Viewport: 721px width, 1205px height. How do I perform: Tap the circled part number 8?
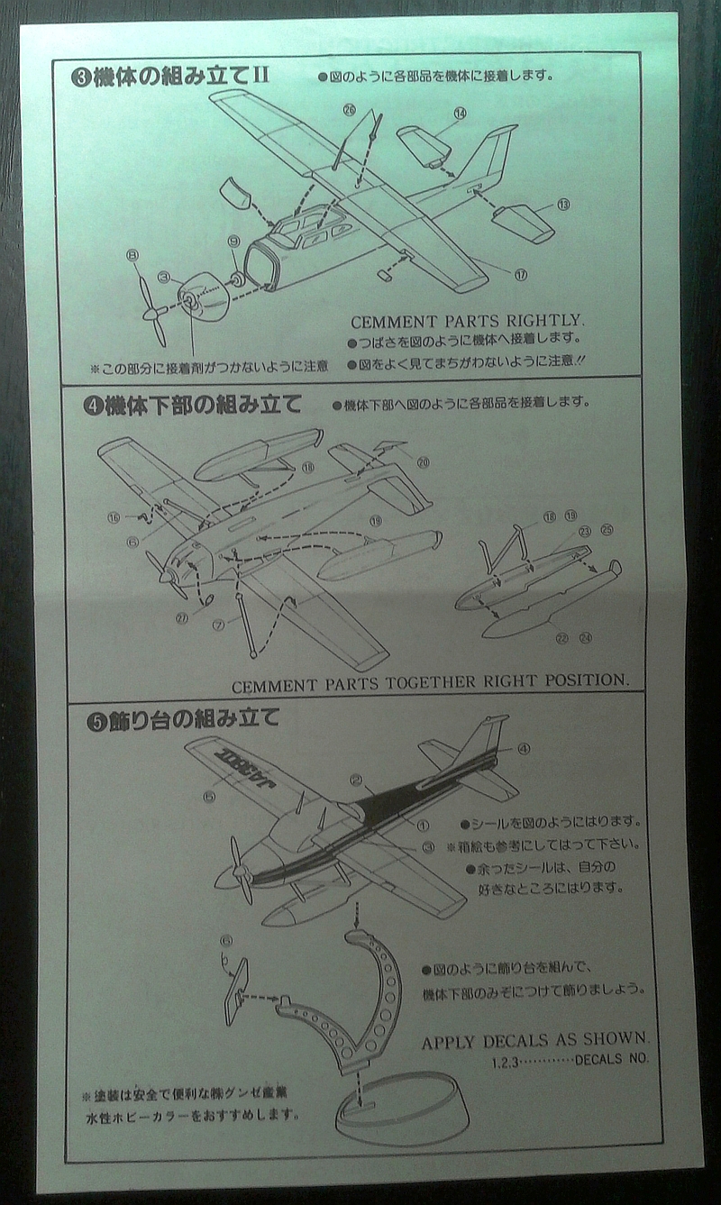133,257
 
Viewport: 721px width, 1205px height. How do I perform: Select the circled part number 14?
461,114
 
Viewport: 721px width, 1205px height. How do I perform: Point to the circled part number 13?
564,205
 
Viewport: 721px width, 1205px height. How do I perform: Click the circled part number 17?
521,274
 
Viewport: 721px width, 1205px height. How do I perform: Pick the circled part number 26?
349,109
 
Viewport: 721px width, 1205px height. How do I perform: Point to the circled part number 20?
423,461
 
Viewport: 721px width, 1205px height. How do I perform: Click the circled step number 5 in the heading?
91,719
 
